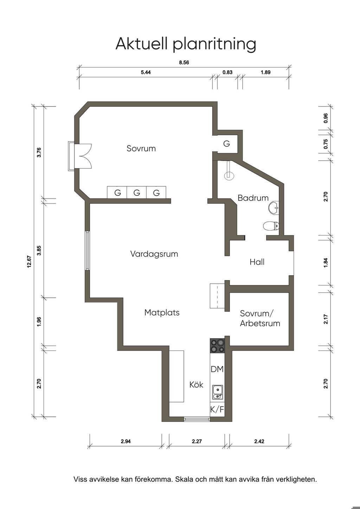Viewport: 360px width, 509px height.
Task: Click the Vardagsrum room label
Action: tap(154, 254)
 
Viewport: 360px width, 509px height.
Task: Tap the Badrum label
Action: tap(253, 198)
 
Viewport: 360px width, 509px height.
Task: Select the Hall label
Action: tap(257, 262)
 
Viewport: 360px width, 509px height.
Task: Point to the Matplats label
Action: tap(162, 313)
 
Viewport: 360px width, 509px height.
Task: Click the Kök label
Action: tap(197, 385)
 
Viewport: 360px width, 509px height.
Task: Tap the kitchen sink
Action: tap(218, 392)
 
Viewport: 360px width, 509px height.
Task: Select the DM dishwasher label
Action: tap(217, 369)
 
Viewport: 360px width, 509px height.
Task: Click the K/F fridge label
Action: tap(217, 410)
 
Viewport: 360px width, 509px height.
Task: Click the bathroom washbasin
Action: tap(274, 208)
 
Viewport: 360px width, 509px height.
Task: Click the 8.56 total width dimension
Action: tap(184, 63)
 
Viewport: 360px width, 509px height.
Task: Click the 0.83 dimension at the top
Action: tap(227, 72)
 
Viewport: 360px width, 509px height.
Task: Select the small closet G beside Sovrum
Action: tap(227, 144)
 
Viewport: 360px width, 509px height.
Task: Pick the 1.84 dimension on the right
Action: tap(326, 263)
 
